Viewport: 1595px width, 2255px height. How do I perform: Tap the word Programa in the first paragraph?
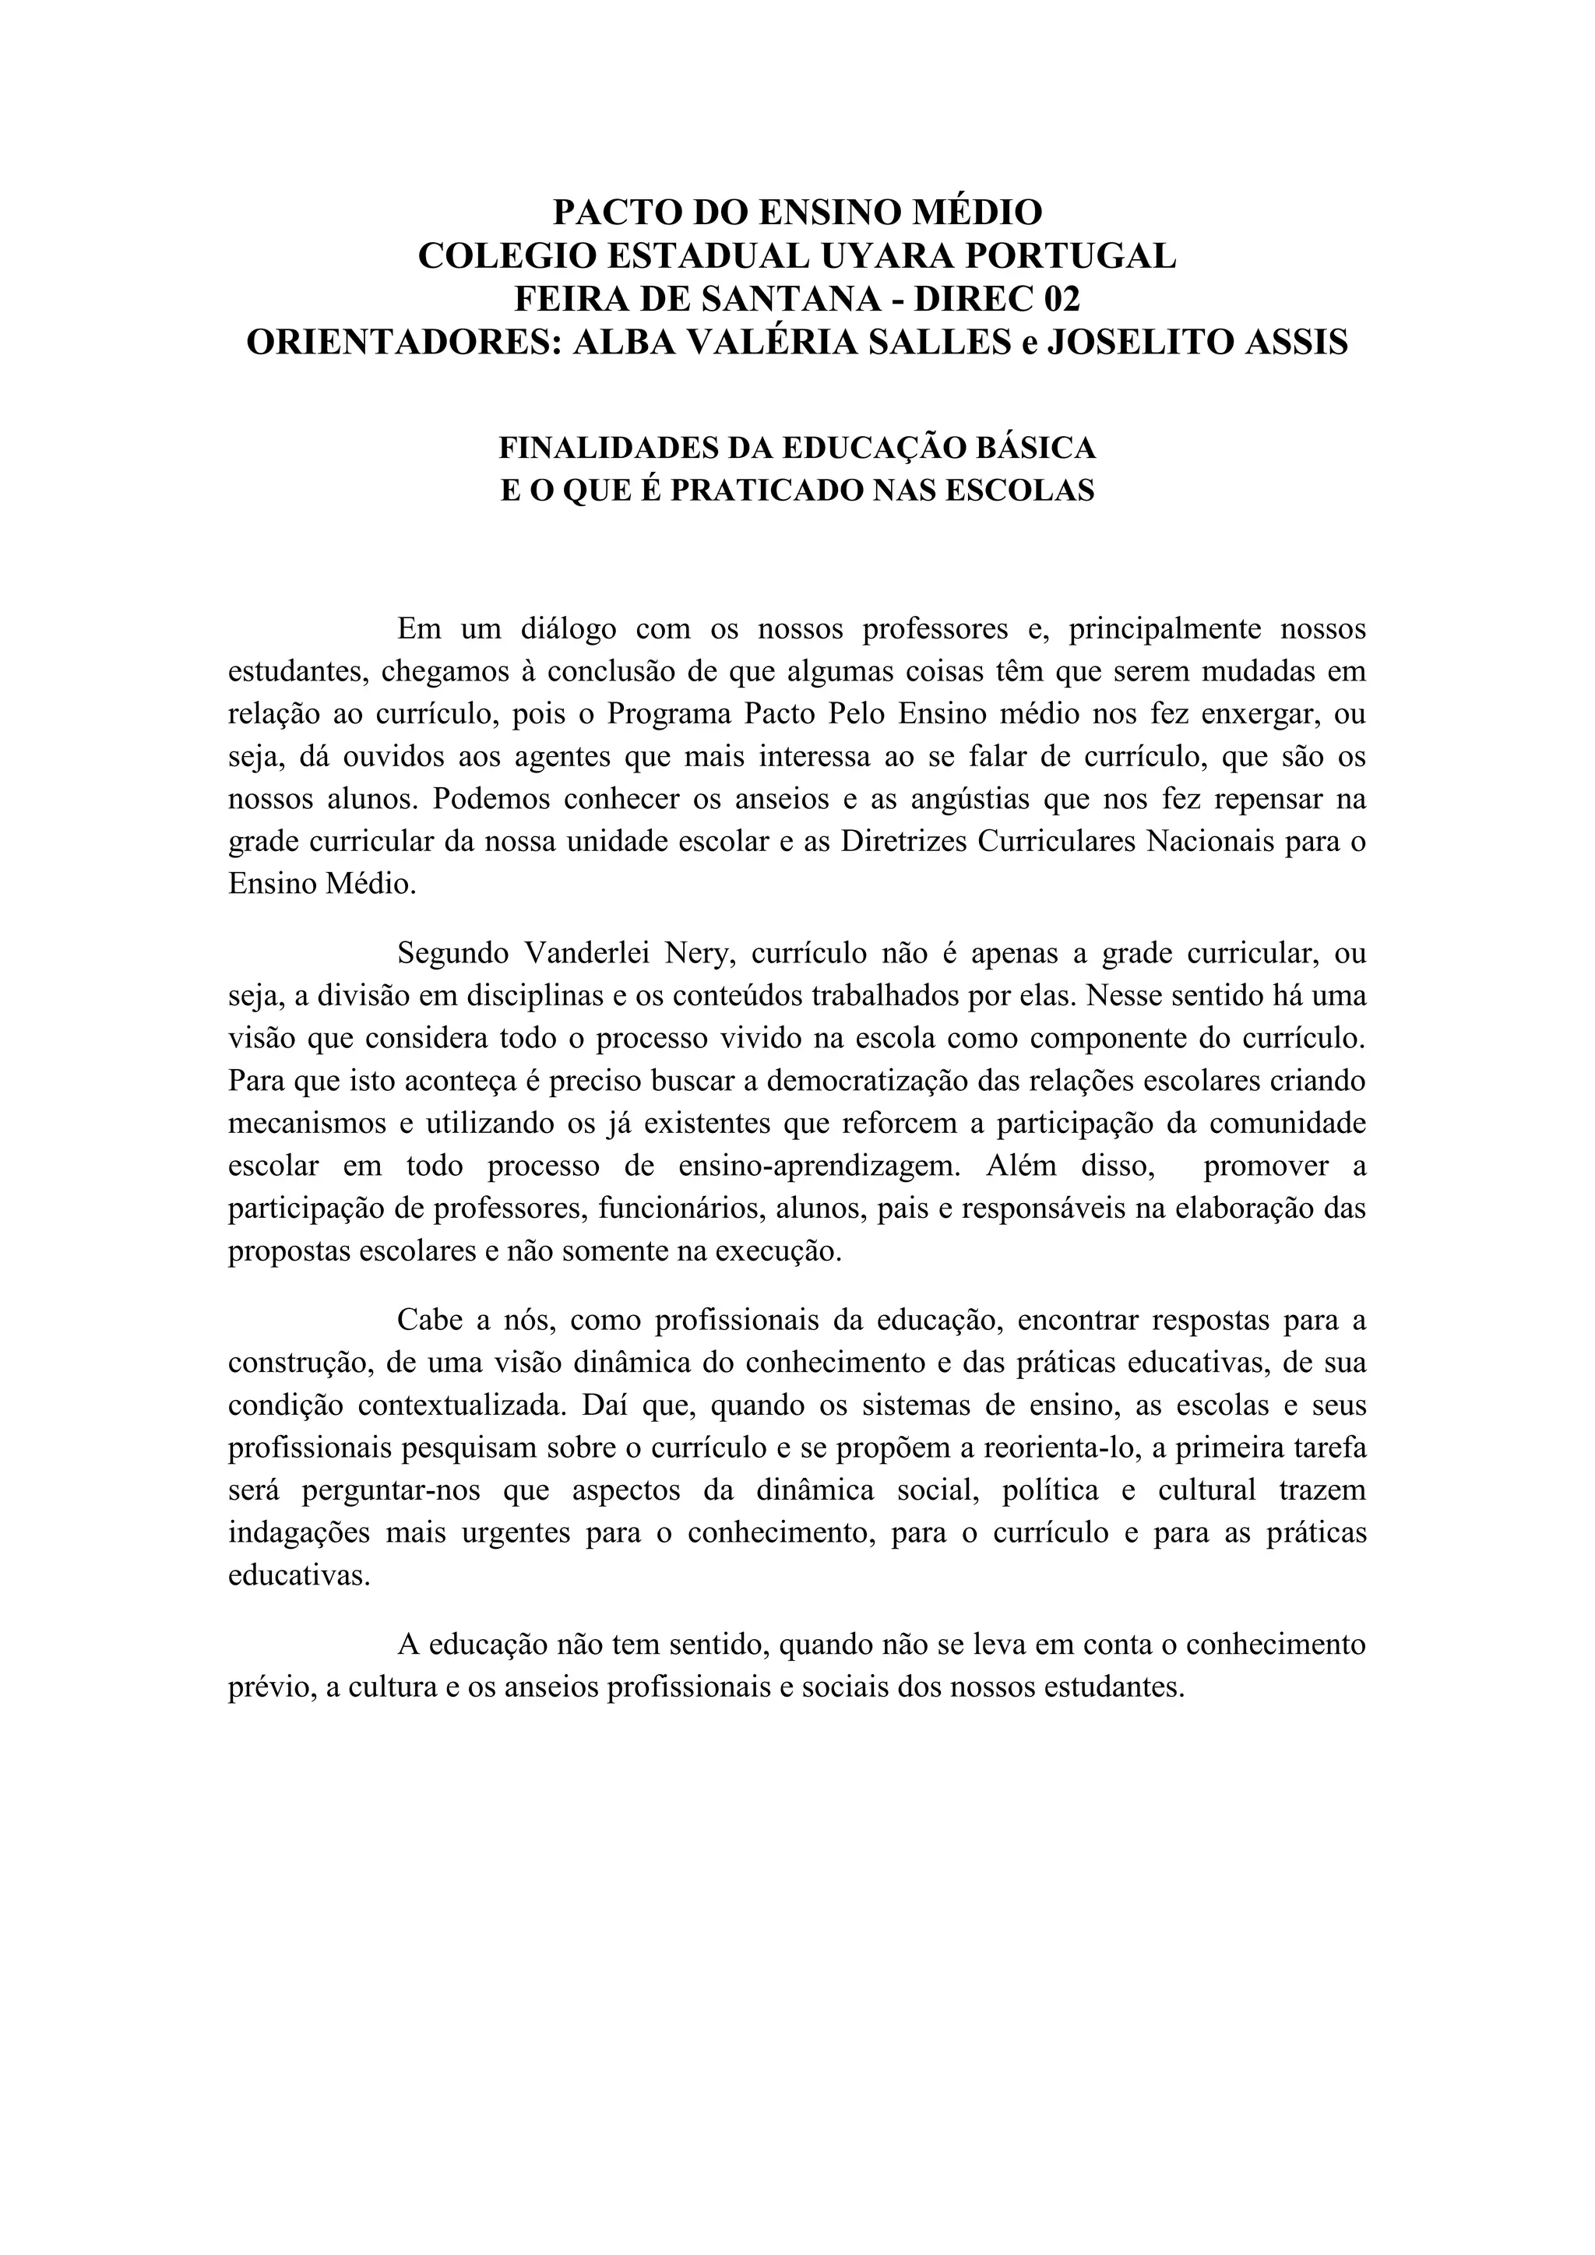point(668,714)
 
